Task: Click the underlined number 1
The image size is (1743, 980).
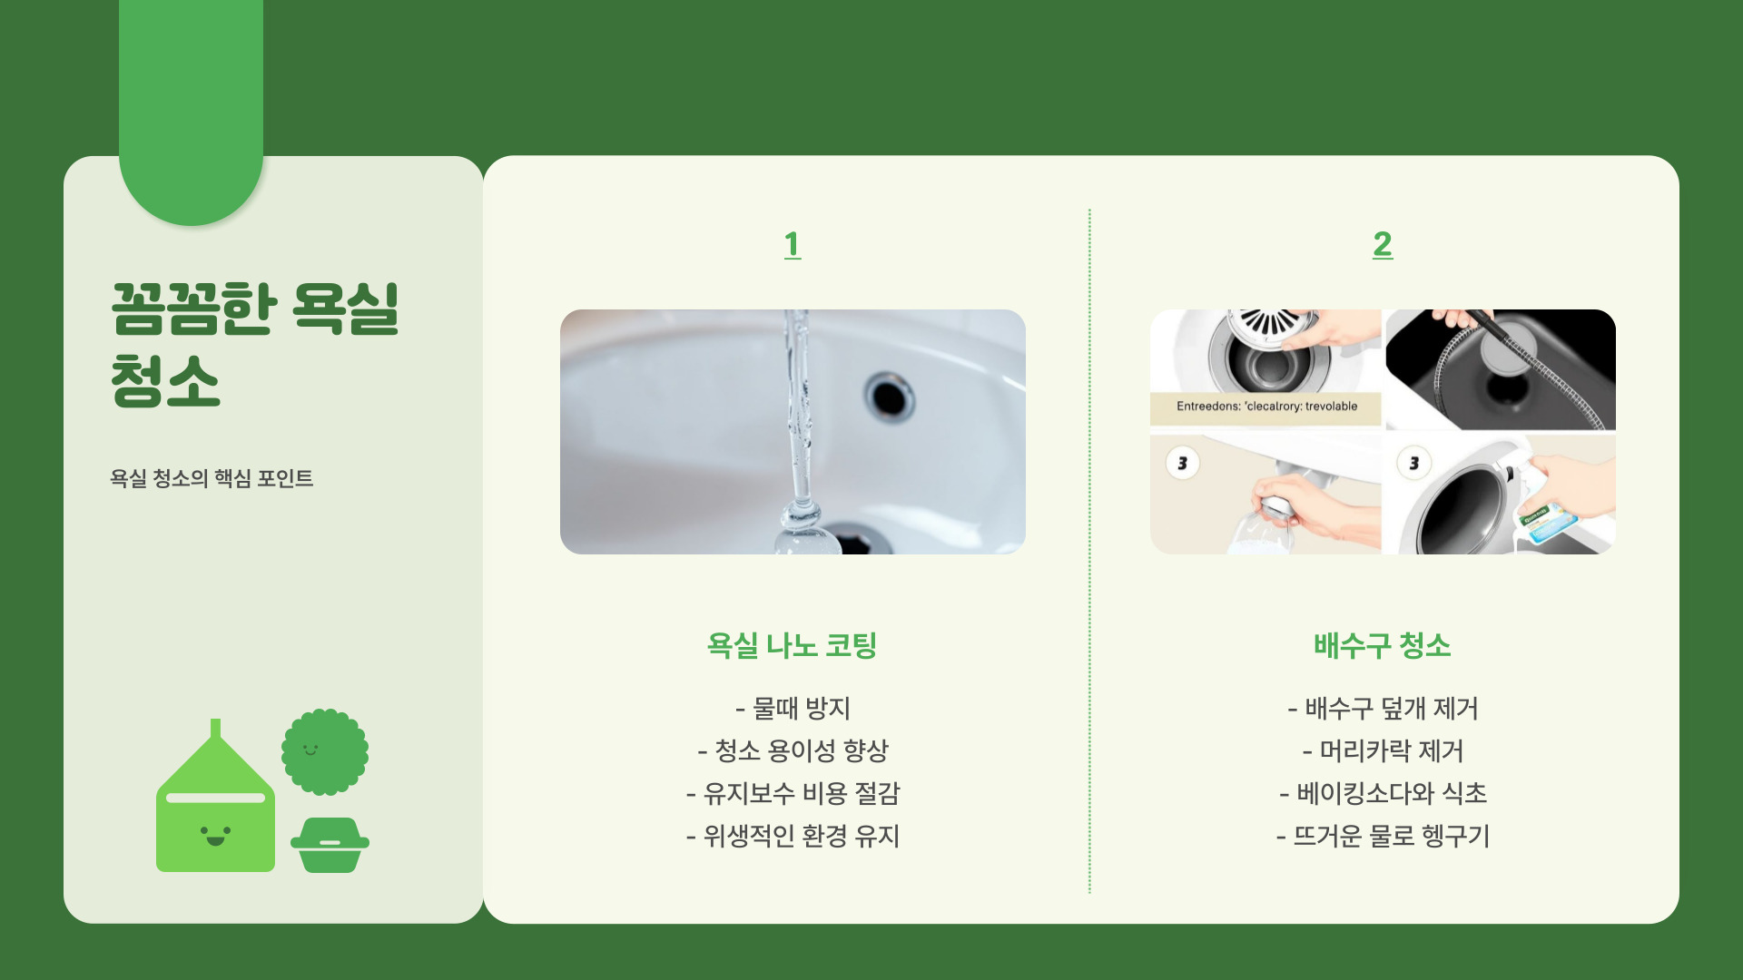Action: [793, 244]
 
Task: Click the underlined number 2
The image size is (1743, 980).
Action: [1383, 244]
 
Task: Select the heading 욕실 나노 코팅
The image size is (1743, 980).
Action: [792, 645]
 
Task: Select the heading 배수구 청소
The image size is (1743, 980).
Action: [1382, 645]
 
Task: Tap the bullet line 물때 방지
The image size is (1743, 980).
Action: [793, 708]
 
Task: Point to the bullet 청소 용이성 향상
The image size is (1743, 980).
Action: [793, 750]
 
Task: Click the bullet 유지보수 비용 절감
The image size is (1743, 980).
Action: [793, 793]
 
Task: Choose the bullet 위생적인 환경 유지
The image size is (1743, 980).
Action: [793, 836]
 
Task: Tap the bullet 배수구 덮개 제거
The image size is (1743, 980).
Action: [1383, 708]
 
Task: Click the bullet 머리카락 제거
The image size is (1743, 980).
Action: [1383, 750]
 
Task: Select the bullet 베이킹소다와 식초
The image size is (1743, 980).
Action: [1383, 793]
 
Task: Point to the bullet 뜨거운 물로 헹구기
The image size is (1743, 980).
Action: [1383, 836]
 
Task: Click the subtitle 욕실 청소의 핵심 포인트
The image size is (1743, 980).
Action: [212, 478]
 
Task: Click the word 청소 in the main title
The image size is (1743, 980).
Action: [165, 381]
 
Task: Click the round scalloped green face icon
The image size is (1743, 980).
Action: [325, 751]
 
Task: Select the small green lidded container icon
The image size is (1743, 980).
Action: [330, 845]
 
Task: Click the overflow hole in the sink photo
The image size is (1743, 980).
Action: [890, 397]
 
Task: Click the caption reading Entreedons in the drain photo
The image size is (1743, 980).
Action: [1266, 407]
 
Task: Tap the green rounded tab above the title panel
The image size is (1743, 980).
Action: [191, 109]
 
